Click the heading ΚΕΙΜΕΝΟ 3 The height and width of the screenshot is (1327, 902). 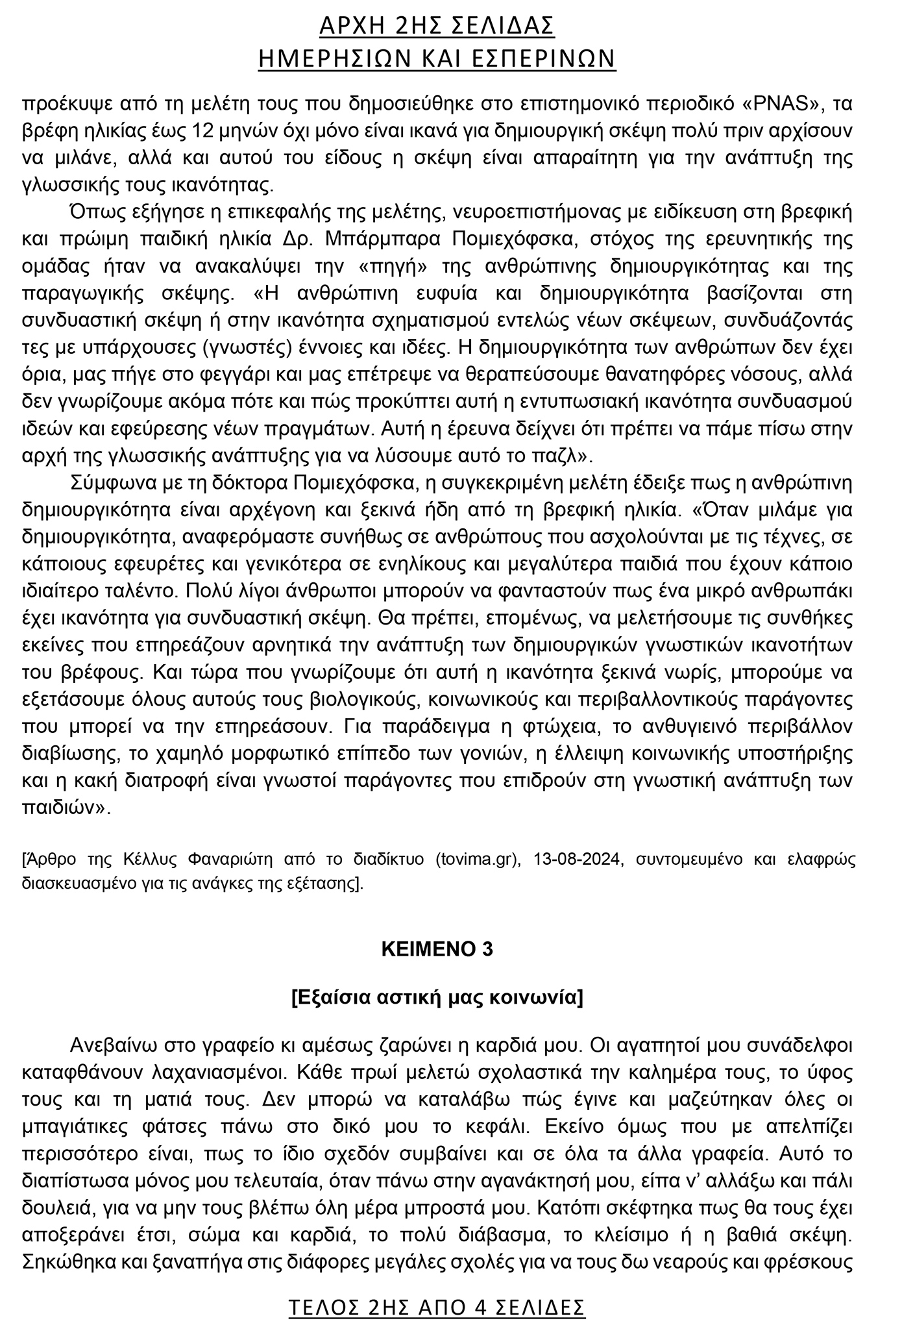pos(437,949)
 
